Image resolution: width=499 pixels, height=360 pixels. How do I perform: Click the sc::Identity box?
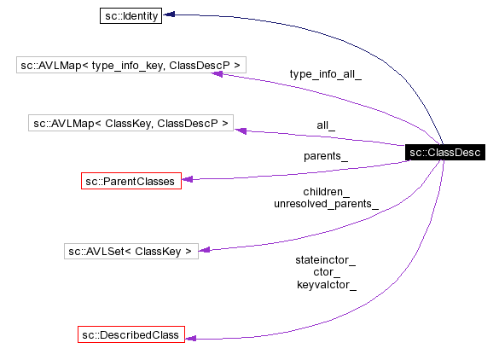coord(131,16)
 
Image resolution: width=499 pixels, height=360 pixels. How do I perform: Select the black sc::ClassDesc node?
coord(444,153)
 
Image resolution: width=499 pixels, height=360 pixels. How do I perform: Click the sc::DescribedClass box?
coord(130,335)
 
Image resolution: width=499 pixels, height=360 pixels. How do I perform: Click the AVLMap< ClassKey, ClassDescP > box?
coord(131,124)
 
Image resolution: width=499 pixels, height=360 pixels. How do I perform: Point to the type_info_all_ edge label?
coord(325,74)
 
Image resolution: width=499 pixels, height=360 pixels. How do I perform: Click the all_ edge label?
coord(325,125)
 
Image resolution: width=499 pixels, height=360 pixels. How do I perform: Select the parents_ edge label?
coord(325,156)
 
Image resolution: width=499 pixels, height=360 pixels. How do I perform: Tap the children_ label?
coord(326,192)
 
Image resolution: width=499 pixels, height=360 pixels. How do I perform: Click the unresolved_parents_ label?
coord(326,205)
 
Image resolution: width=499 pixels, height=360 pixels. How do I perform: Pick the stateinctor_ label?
coord(326,259)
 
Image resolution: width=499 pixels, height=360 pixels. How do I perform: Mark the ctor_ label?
coord(326,272)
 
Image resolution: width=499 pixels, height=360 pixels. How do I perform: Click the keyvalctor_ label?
coord(326,285)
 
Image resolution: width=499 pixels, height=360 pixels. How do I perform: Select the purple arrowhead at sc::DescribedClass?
coord(191,338)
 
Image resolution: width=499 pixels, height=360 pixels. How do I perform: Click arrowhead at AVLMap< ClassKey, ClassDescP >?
coord(241,131)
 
